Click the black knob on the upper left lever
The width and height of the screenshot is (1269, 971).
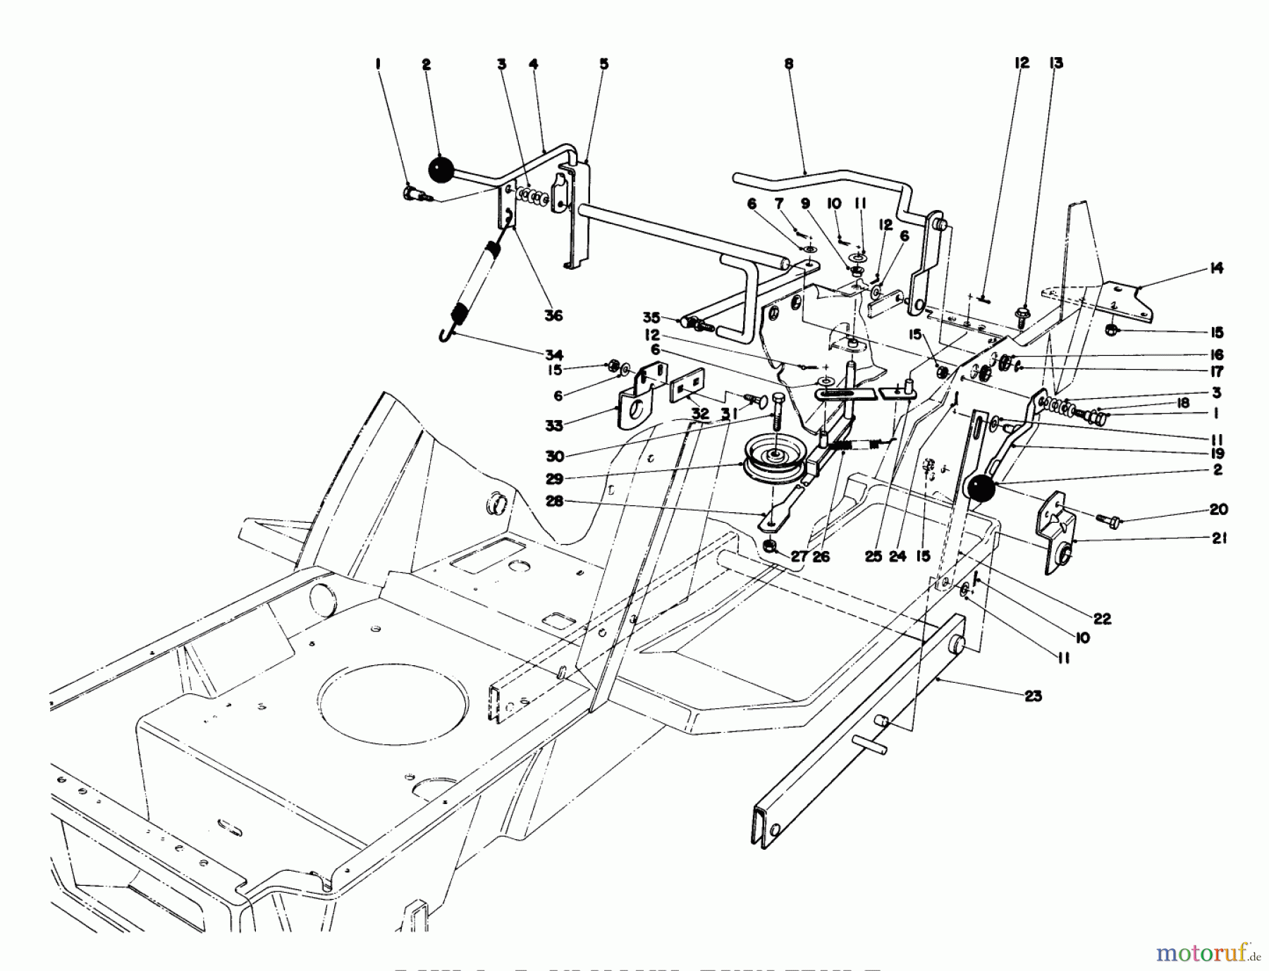coord(441,170)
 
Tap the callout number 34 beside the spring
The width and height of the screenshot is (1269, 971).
coord(553,354)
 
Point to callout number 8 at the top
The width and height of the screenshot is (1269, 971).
coord(788,64)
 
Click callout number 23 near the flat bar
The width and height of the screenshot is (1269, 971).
coord(1033,696)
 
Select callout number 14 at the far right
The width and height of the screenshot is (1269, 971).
coord(1216,268)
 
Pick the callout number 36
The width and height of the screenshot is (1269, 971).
coord(553,315)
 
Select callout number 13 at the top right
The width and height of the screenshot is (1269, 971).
coord(1055,63)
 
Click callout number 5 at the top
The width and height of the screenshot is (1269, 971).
coord(604,64)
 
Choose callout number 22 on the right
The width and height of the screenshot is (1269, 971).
coord(1102,619)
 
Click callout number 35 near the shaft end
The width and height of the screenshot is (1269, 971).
coord(650,318)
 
